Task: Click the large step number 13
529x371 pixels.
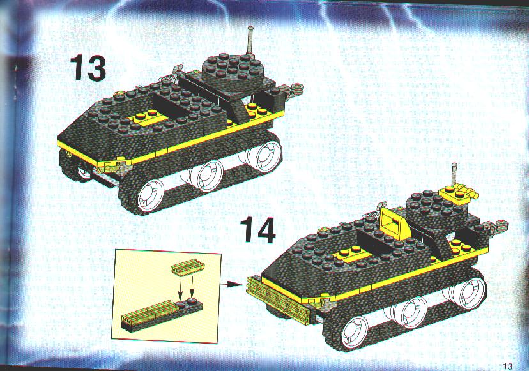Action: pos(88,68)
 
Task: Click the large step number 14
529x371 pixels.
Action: pos(258,230)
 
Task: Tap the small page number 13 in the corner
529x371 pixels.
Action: pos(507,366)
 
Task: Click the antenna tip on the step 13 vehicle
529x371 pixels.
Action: pos(250,29)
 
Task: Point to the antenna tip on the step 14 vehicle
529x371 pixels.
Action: pos(454,165)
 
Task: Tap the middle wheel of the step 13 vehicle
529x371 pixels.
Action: pos(209,174)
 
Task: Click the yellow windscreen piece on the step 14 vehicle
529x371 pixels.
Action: pos(394,223)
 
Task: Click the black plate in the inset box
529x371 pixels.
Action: pos(162,314)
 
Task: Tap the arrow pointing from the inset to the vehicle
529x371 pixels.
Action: pos(231,285)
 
